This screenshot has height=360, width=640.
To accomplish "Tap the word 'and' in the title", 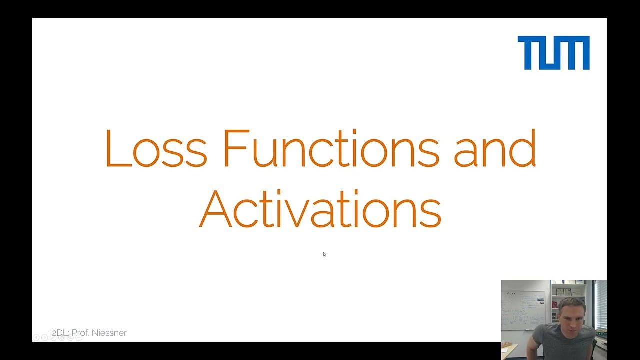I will tap(494, 149).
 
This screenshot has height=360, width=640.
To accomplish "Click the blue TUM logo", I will tap(553, 53).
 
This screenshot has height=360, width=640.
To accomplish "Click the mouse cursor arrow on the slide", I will tap(324, 254).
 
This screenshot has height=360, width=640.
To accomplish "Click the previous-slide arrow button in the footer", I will tap(36, 338).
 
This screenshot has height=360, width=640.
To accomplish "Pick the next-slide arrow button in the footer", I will tap(45, 338).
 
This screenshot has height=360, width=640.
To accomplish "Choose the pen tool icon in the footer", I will tap(53, 338).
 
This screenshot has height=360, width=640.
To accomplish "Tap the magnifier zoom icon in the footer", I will tap(70, 338).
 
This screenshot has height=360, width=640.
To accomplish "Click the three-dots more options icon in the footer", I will tap(79, 338).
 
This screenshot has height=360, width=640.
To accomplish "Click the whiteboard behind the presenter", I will tap(522, 310).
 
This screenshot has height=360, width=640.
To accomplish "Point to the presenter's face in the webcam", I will tap(572, 312).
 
